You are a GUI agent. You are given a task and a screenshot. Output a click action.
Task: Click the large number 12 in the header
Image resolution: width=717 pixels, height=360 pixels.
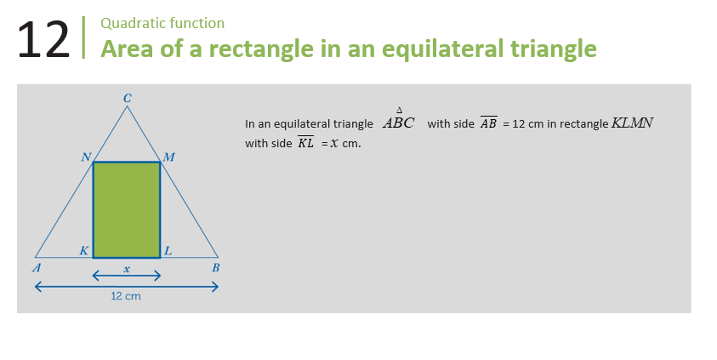(x=43, y=40)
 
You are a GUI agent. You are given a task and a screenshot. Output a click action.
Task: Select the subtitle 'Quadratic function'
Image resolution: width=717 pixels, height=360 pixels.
(x=162, y=23)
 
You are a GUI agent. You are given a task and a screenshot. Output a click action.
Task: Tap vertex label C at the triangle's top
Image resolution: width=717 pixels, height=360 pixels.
(x=127, y=98)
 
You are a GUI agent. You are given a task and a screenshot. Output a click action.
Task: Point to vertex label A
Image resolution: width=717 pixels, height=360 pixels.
(x=37, y=267)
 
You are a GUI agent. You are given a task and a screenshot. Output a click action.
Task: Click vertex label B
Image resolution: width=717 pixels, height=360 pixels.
(x=216, y=267)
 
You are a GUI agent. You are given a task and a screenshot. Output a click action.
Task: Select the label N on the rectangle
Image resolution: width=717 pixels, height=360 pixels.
(x=86, y=157)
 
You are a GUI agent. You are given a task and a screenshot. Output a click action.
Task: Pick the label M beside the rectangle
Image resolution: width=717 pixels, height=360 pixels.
(x=168, y=157)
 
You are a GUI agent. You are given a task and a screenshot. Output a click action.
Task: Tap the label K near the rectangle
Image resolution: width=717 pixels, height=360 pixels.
(x=84, y=251)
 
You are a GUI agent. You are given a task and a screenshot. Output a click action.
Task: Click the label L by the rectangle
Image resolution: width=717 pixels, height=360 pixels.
(x=168, y=251)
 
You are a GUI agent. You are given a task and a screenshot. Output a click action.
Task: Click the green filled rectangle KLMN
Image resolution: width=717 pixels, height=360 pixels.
(x=127, y=209)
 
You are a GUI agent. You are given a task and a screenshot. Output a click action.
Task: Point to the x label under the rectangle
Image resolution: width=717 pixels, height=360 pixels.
(x=127, y=269)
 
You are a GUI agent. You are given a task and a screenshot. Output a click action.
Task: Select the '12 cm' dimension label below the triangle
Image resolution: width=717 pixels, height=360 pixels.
(x=126, y=296)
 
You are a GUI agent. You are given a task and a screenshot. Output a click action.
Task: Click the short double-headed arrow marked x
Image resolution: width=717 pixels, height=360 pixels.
(x=127, y=276)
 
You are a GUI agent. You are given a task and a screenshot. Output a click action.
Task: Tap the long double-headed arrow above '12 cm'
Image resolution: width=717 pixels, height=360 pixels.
(x=127, y=287)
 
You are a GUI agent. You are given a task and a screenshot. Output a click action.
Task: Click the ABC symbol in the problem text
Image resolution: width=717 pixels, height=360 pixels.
(x=399, y=120)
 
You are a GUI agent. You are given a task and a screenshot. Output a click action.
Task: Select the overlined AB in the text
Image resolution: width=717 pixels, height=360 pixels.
(x=488, y=123)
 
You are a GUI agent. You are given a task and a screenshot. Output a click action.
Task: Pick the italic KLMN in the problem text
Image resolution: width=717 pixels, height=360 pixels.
(x=633, y=123)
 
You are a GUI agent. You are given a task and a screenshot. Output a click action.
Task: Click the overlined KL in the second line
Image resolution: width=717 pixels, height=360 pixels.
(x=305, y=142)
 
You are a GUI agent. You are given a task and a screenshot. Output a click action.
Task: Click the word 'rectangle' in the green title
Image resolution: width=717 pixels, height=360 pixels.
(x=261, y=49)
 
